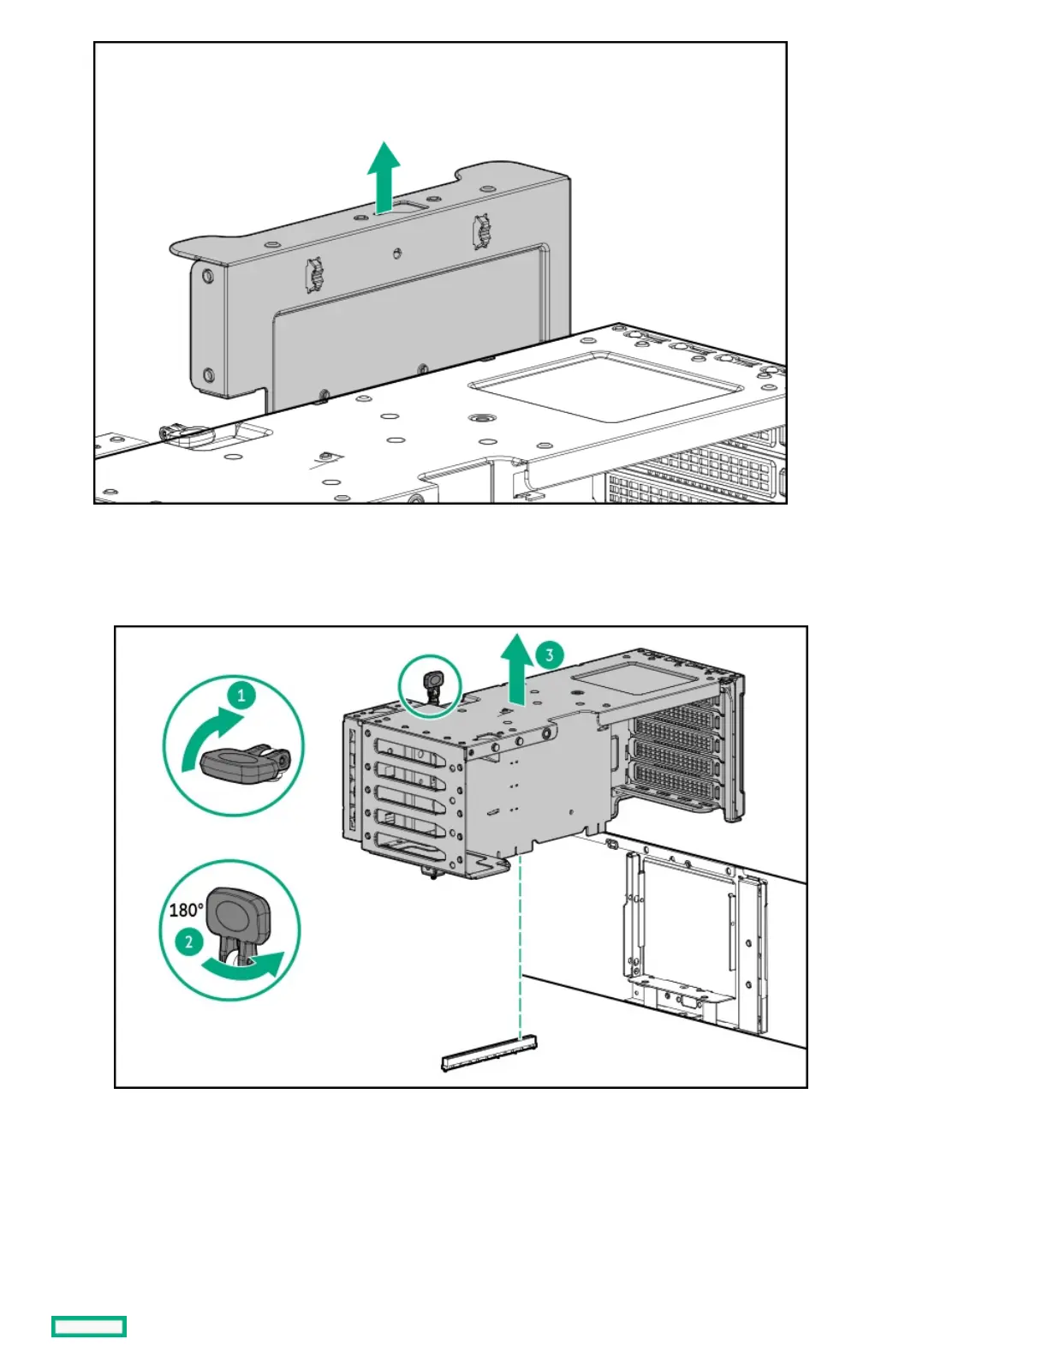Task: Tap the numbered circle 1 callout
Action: (x=241, y=695)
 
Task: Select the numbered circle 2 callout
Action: (x=188, y=943)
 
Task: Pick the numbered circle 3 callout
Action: (x=549, y=655)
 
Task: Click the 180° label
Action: (x=186, y=910)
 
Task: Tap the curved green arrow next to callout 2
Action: (x=245, y=967)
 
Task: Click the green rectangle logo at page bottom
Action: (x=89, y=1326)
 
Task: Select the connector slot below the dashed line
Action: (x=488, y=1052)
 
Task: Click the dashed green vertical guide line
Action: (x=521, y=942)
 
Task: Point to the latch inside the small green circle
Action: (x=432, y=684)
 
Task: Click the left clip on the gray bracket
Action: (x=313, y=274)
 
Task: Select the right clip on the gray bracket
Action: (x=481, y=232)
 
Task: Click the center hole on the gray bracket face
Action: (x=396, y=253)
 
